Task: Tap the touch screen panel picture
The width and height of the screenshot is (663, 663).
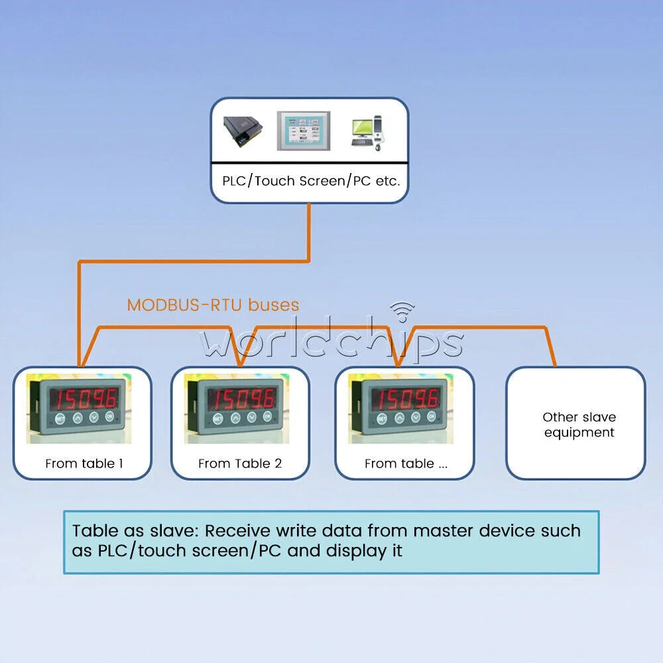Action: click(x=303, y=131)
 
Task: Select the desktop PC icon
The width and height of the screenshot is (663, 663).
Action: click(x=367, y=133)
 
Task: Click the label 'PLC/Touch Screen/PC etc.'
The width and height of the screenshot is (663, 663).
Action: click(x=311, y=181)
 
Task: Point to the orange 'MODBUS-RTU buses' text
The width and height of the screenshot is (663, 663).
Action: click(x=213, y=305)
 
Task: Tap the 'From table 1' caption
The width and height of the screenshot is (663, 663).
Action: click(x=84, y=463)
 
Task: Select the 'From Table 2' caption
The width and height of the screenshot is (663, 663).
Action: click(x=240, y=463)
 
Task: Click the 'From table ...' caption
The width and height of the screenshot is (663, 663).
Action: click(x=406, y=463)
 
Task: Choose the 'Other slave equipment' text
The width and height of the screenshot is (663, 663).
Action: click(x=579, y=424)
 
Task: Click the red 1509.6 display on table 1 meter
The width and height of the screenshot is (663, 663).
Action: click(x=84, y=399)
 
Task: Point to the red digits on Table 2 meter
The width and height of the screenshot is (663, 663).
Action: click(x=241, y=399)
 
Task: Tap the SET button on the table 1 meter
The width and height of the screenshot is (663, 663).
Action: click(x=60, y=418)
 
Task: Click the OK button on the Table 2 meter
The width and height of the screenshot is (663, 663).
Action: click(x=267, y=416)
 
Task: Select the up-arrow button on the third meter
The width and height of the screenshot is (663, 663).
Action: click(x=399, y=418)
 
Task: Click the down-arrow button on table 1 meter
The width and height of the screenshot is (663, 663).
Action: click(x=94, y=417)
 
